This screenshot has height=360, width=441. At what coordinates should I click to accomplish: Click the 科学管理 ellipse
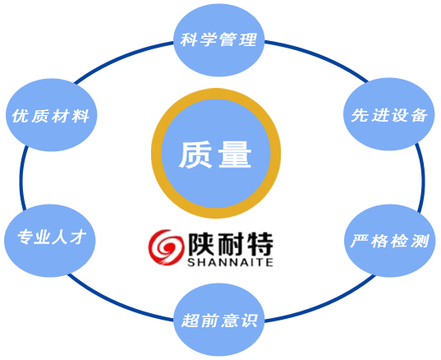[x=219, y=39]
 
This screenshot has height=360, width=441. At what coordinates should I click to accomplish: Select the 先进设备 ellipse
[x=389, y=114]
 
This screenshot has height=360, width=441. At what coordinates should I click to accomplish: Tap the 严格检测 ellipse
[x=390, y=241]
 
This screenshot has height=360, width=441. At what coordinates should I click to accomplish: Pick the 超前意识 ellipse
[x=219, y=320]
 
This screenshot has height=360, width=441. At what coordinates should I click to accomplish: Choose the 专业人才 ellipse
[x=50, y=241]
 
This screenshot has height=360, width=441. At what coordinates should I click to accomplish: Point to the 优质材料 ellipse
[x=52, y=115]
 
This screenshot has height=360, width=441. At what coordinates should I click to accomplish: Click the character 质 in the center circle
[x=195, y=155]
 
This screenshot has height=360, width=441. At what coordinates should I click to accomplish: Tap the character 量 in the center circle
[x=235, y=155]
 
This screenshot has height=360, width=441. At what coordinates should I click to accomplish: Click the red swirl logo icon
[x=166, y=247]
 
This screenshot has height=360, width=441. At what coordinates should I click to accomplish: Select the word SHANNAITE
[x=230, y=262]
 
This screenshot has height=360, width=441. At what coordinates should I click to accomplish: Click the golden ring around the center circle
[x=216, y=94]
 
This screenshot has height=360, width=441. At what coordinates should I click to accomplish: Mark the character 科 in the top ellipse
[x=189, y=39]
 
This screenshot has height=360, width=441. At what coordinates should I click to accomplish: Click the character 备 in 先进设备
[x=419, y=115]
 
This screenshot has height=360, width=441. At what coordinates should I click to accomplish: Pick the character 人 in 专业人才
[x=60, y=238]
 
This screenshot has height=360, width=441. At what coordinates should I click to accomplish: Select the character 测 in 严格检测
[x=420, y=241]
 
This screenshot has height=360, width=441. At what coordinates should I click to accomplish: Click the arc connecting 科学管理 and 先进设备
[x=318, y=55]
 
